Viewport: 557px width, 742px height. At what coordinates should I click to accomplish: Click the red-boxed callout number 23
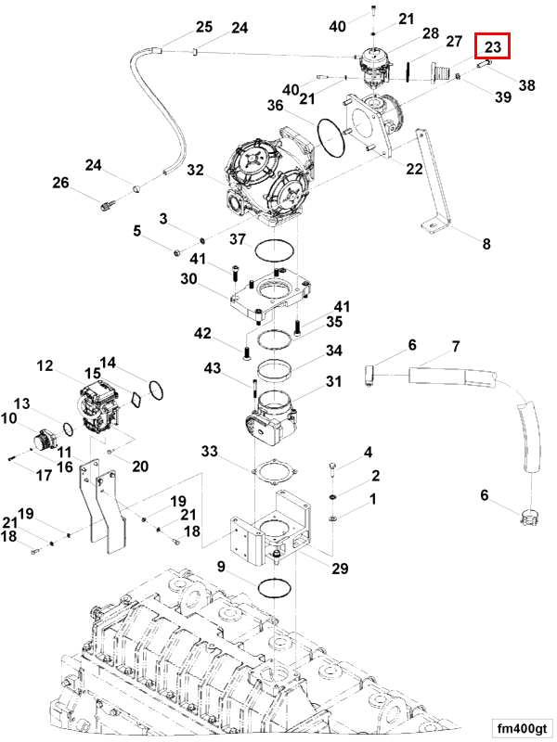point(492,46)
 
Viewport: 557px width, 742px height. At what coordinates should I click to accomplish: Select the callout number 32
point(195,170)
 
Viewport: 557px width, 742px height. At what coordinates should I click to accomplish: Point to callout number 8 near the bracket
point(486,245)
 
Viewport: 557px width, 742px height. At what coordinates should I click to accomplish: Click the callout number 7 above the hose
point(456,348)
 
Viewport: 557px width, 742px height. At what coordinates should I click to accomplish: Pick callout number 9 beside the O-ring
point(222,566)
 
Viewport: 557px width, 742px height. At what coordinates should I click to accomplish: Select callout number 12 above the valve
point(45,366)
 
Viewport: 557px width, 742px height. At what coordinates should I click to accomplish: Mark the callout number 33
point(210,452)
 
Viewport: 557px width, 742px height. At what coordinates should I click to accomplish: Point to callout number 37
point(237,239)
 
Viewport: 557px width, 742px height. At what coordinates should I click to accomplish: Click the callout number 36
point(276,106)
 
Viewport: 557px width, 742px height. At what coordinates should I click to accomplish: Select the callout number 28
point(430,33)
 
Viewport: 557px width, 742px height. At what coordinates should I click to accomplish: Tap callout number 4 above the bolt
point(368,453)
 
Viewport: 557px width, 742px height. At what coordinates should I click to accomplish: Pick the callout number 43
point(212,369)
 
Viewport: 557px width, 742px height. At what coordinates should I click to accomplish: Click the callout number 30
point(188,279)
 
